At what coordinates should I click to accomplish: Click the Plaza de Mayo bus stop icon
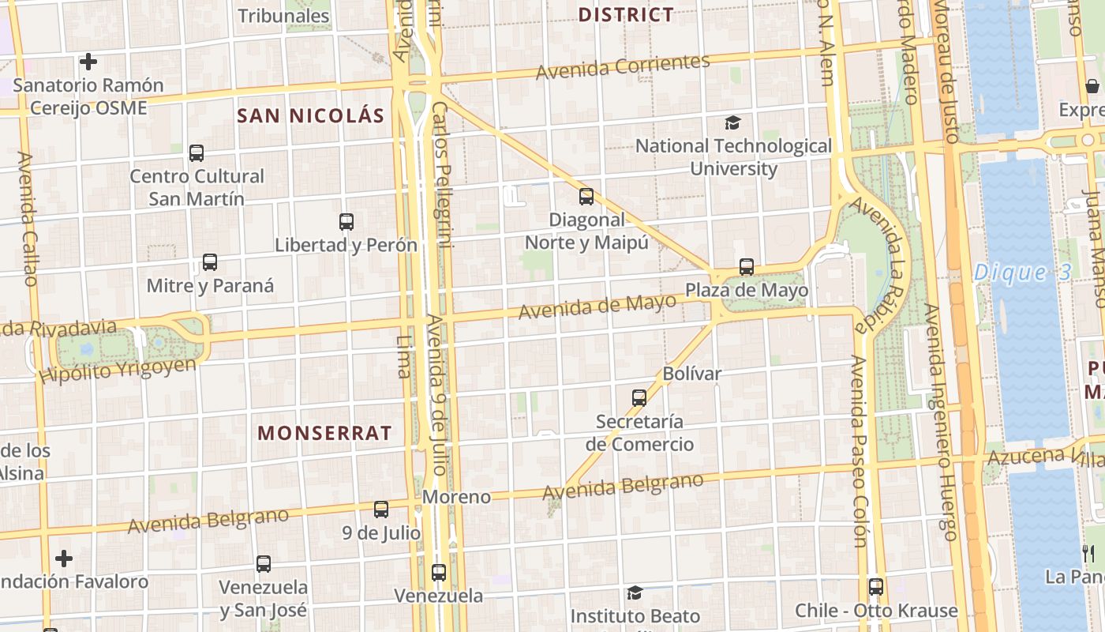click(747, 267)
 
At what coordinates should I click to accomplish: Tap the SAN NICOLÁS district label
click(311, 116)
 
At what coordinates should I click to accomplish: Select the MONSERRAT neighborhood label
click(324, 433)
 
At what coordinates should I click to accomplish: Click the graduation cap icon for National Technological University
click(733, 122)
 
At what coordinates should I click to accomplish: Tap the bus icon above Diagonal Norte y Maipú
click(586, 197)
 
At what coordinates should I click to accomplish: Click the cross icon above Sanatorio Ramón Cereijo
click(88, 62)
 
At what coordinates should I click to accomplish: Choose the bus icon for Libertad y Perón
click(346, 222)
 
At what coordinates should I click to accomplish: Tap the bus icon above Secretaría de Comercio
click(639, 398)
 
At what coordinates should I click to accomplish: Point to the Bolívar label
click(692, 374)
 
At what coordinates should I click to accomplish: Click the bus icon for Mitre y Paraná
click(210, 262)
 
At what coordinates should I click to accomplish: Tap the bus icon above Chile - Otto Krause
click(876, 587)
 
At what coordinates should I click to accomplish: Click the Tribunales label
click(283, 16)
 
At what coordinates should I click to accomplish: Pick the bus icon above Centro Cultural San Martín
click(197, 153)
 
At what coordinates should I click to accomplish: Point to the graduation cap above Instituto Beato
click(635, 592)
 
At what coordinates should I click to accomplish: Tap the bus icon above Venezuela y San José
click(264, 564)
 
